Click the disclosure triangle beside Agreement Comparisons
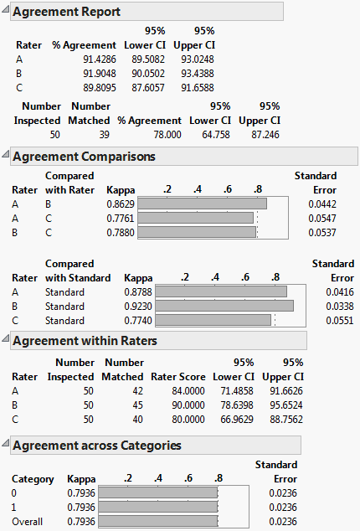tap(7, 157)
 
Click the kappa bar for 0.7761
tap(195, 217)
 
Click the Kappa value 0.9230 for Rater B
tap(139, 306)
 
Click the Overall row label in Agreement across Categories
tap(28, 522)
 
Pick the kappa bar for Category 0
tap(157, 493)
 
